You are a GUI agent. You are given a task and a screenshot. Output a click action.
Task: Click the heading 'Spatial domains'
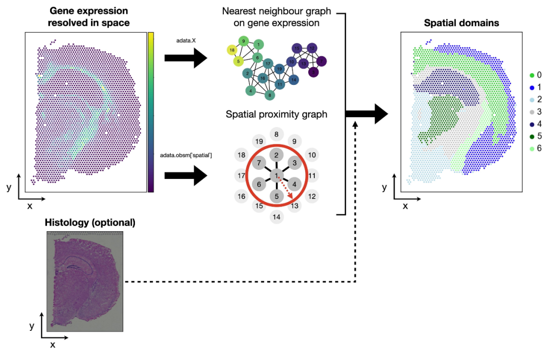(461, 23)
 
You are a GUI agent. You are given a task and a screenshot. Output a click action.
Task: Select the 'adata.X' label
(186, 40)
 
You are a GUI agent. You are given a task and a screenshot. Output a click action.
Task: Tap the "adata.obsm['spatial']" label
(186, 155)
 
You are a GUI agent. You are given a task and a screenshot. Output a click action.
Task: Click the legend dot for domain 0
(532, 75)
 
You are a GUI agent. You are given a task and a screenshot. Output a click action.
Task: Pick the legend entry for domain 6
(536, 148)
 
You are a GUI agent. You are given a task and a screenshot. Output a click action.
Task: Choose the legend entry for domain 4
(536, 124)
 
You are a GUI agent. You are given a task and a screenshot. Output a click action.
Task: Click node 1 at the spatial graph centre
(277, 175)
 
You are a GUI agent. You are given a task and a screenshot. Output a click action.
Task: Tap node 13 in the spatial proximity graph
(295, 206)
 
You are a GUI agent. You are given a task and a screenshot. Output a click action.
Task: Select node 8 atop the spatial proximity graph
(277, 134)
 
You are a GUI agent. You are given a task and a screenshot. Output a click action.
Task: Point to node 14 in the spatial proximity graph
(277, 217)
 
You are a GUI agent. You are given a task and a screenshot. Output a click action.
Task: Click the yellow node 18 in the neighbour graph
(232, 50)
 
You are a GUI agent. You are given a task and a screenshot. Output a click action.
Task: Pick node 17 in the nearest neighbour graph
(268, 64)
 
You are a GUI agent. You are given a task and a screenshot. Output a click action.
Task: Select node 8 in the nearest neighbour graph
(270, 95)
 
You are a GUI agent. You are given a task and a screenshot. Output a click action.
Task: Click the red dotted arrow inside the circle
(285, 190)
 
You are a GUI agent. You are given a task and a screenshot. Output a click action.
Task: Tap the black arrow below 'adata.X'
(186, 58)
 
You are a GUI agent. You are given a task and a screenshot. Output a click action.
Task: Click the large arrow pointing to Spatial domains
(367, 114)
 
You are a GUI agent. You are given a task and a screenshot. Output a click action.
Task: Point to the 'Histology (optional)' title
(90, 222)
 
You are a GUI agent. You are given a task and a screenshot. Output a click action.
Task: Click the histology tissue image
(85, 281)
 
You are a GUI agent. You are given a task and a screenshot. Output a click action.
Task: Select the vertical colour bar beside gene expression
(151, 112)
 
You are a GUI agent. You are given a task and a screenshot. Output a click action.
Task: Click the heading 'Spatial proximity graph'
(277, 115)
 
